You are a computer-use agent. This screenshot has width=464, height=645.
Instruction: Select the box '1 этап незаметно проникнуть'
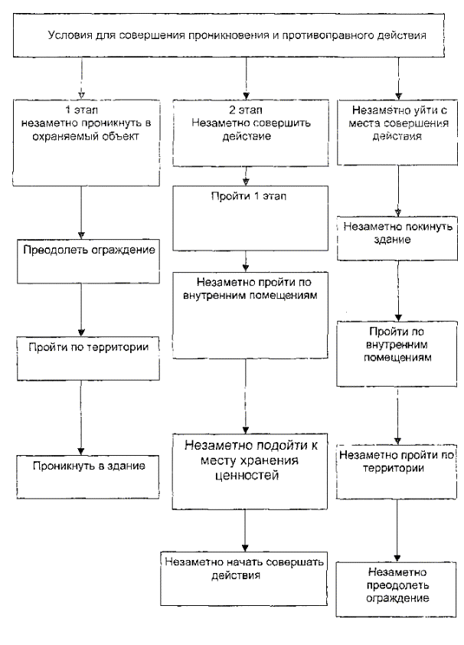pos(80,142)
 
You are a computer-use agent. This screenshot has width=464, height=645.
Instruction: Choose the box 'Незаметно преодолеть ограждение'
pos(396,589)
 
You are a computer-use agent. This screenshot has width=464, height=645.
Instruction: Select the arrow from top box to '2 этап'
pos(245,77)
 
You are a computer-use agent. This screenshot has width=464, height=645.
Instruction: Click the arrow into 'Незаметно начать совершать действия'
pos(245,529)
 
